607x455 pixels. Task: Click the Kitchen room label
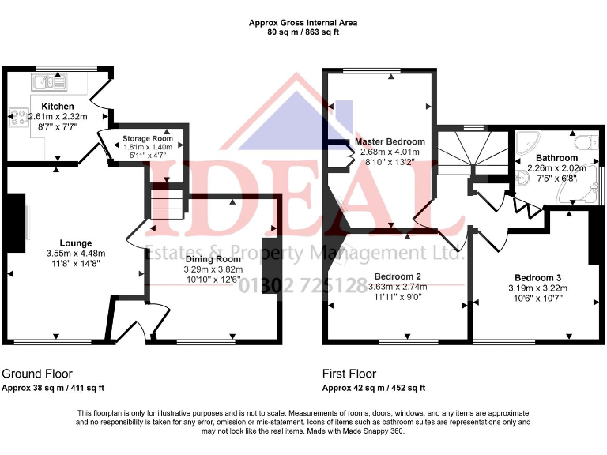tap(58, 107)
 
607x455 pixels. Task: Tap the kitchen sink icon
tap(49, 81)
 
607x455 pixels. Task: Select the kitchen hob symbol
tap(18, 118)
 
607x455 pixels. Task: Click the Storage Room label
tap(147, 139)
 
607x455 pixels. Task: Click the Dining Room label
tap(213, 258)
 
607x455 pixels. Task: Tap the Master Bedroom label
tap(390, 141)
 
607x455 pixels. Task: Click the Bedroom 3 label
tap(537, 277)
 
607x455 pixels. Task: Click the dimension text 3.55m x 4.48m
tap(76, 254)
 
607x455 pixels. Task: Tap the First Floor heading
tap(349, 374)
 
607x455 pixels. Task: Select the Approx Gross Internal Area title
tap(303, 23)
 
